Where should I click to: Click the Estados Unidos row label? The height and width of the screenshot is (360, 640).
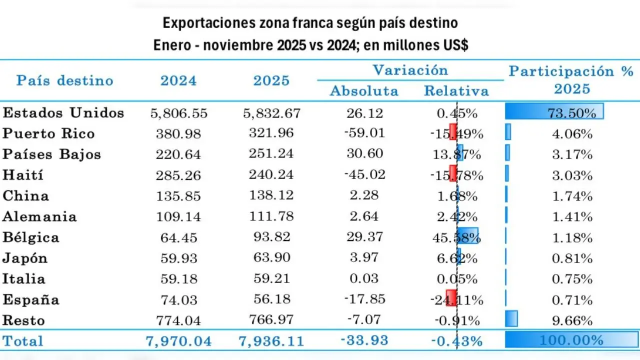[x=63, y=113]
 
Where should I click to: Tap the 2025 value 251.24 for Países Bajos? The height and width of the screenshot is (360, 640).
[x=272, y=154]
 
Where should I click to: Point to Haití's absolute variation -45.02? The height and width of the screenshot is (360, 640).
[x=364, y=175]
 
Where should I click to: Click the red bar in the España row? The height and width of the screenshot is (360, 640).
[x=451, y=299]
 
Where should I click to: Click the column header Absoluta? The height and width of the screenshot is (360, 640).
[x=364, y=91]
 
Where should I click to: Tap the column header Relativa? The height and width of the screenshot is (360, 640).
[x=456, y=91]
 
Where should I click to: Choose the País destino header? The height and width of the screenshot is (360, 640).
[x=65, y=80]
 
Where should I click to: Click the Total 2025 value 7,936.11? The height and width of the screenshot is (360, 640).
[x=272, y=341]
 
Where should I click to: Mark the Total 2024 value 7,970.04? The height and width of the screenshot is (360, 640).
[x=178, y=341]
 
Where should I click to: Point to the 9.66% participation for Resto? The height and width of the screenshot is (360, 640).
[x=572, y=320]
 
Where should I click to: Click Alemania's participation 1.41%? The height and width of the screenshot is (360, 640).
[x=572, y=216]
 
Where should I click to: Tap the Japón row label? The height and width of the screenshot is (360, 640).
[x=25, y=258]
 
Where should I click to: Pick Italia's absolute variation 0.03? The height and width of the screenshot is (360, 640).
[x=364, y=278]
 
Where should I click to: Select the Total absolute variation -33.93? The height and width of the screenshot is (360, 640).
[x=364, y=340]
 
